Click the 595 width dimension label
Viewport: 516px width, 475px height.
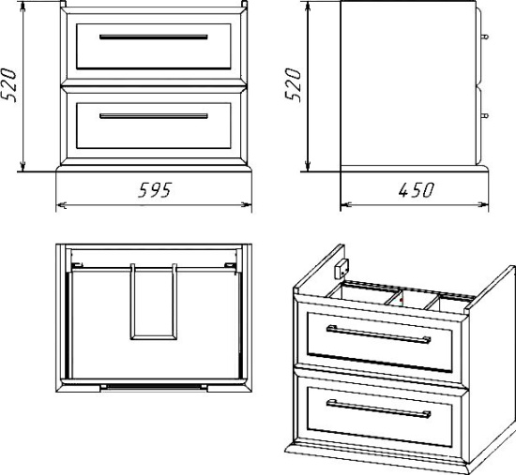click(155, 190)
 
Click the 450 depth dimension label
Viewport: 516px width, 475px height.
click(417, 190)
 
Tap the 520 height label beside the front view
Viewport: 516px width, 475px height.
click(8, 85)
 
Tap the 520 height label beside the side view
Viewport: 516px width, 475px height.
click(293, 85)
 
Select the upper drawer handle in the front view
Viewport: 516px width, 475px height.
click(154, 37)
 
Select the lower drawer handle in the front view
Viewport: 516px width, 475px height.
click(154, 116)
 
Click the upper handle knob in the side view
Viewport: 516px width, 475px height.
click(485, 36)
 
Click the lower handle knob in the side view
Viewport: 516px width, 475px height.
click(485, 115)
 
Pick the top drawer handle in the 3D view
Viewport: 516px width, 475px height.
click(378, 334)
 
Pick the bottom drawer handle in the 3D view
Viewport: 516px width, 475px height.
click(378, 408)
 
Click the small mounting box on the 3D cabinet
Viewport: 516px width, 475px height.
click(341, 269)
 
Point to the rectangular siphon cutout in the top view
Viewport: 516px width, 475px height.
click(154, 302)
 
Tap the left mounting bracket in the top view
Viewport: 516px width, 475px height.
click(77, 265)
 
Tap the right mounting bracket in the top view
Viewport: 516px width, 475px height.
click(231, 265)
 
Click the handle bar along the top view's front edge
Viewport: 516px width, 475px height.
click(154, 387)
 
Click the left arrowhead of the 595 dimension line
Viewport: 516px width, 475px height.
click(62, 204)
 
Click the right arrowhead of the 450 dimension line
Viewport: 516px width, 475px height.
click(483, 204)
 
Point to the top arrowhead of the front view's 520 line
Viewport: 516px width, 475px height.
click(23, 7)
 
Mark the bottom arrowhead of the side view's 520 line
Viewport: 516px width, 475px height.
click(308, 166)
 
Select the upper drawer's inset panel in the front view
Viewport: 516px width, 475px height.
click(154, 46)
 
